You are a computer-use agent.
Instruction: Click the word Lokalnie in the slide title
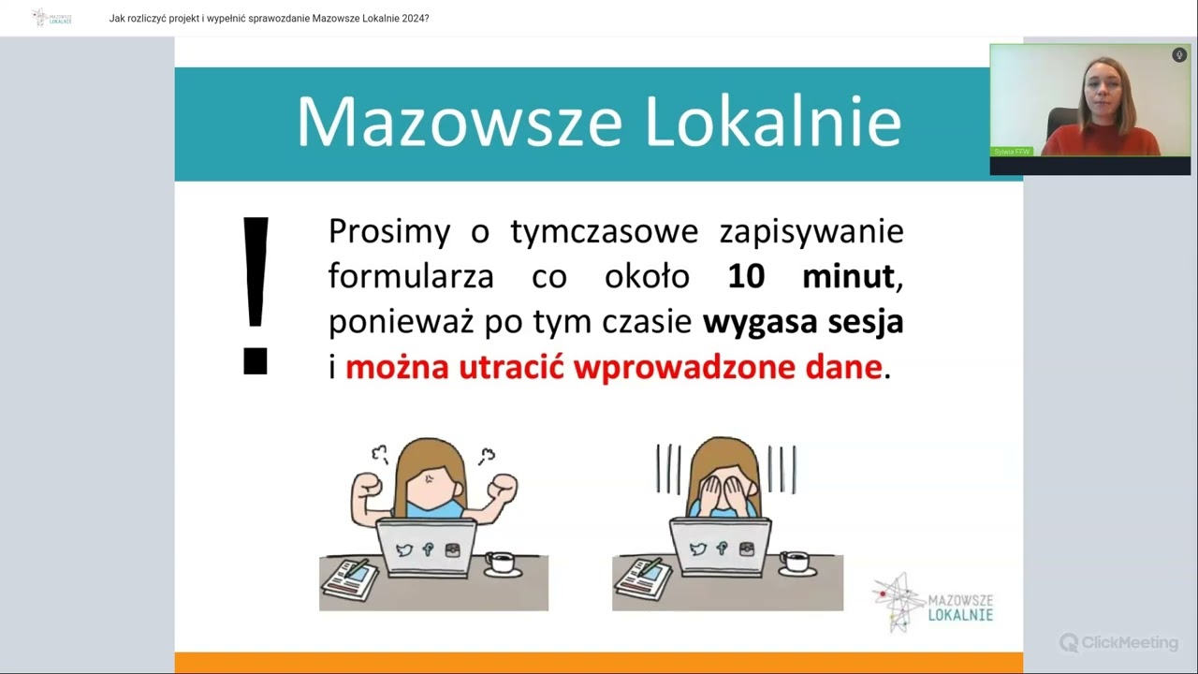click(x=772, y=122)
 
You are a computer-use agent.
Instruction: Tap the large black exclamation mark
click(x=256, y=296)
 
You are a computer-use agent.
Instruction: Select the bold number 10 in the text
click(x=746, y=276)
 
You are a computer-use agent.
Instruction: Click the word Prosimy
click(x=389, y=231)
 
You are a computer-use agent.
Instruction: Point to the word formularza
click(x=411, y=276)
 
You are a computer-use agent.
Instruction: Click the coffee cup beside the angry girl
click(x=501, y=562)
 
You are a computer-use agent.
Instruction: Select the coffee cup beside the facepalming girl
click(x=796, y=562)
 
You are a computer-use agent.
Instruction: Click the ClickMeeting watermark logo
click(x=1118, y=642)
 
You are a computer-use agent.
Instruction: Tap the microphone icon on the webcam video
click(x=1179, y=55)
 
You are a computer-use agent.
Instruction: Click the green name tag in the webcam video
click(x=1012, y=151)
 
